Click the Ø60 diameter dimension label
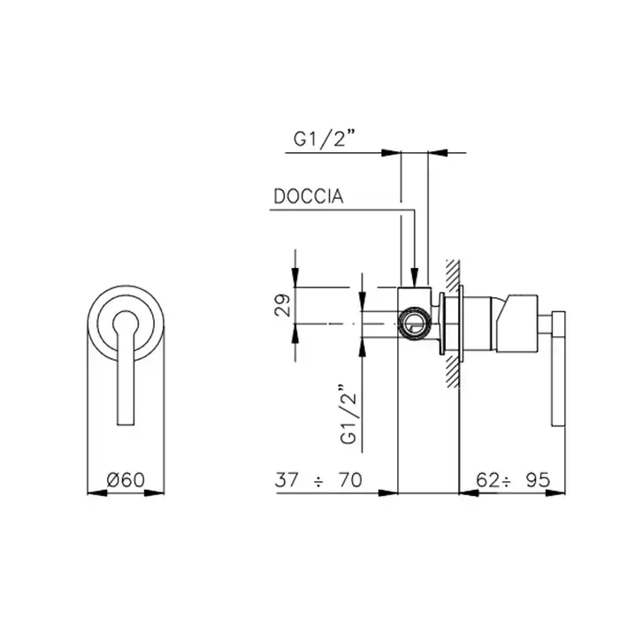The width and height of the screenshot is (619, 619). coord(126,479)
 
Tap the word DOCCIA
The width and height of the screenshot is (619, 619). coord(309,196)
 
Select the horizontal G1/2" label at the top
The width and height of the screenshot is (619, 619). coord(324,139)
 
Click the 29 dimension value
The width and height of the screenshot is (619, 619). coord(282,305)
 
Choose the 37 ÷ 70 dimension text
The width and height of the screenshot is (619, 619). coord(318,480)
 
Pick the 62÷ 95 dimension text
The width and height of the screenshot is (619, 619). coord(512,480)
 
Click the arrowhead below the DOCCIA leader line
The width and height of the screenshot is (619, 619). coord(414,277)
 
